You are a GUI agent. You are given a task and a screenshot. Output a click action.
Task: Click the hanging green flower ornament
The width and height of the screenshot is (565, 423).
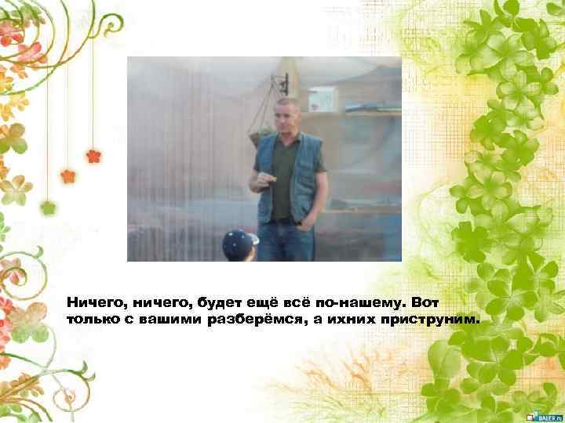click(x=49, y=208)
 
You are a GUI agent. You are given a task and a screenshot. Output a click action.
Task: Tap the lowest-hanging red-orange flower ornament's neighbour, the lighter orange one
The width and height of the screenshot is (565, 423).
click(x=67, y=175)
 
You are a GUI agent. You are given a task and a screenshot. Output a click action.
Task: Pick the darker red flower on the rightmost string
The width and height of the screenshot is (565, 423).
click(x=93, y=155)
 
